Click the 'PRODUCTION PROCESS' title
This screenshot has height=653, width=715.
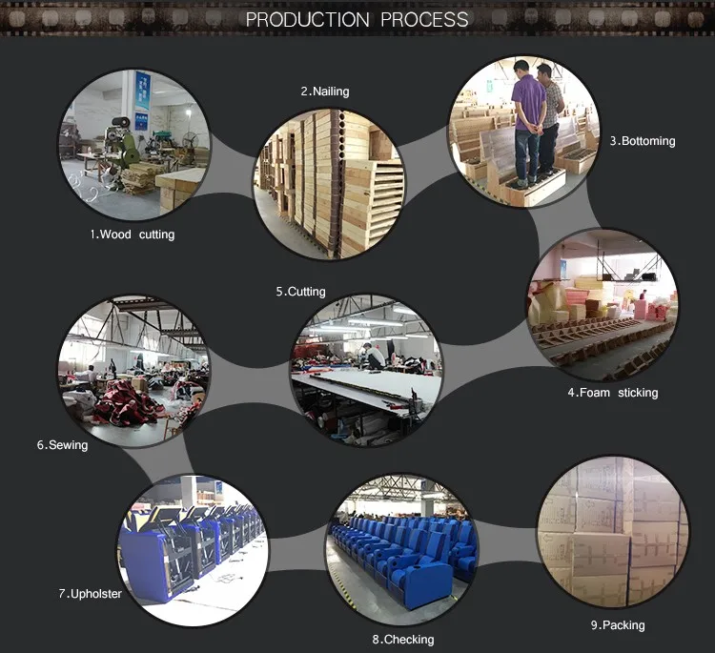[x=357, y=20]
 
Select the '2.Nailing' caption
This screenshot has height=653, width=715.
[x=325, y=92]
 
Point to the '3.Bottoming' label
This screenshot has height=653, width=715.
[x=643, y=141]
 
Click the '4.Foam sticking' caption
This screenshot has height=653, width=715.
[x=613, y=393]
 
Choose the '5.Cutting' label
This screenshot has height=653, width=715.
[x=300, y=292]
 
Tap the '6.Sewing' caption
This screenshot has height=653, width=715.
[x=62, y=444]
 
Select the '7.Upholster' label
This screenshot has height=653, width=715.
[x=90, y=594]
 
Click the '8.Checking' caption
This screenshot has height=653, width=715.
[x=402, y=640]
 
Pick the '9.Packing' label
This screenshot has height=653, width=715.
[x=617, y=625]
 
